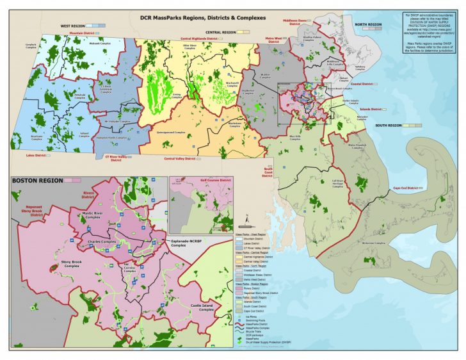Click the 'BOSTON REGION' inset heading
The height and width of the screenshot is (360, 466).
(x=37, y=181)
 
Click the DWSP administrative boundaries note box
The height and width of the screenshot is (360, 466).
(x=430, y=32)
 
